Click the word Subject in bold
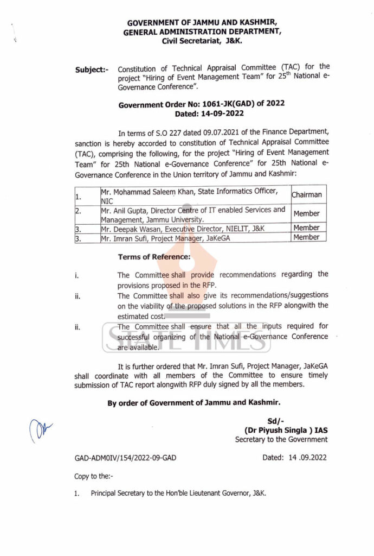tap(91, 70)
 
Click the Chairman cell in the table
tap(306, 194)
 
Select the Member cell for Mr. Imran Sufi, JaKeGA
tap(306, 237)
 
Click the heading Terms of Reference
tap(154, 256)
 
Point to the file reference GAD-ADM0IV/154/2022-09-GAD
tap(125, 458)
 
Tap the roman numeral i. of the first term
tap(77, 275)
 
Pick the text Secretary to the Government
tap(281, 439)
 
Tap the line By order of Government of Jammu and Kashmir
tap(194, 402)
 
